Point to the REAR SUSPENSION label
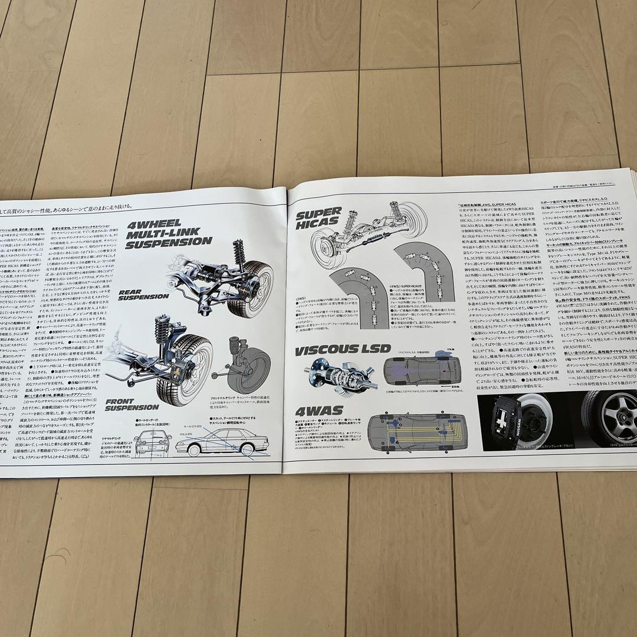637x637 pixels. (143, 295)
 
